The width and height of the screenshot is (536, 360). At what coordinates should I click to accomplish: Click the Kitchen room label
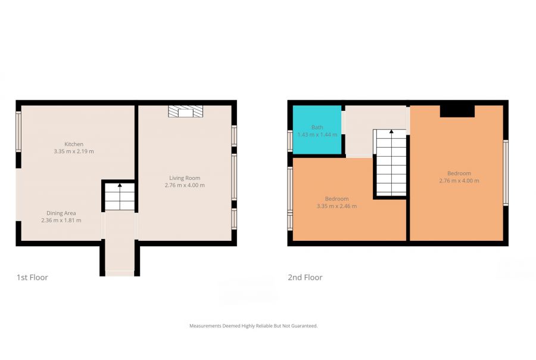(x=74, y=144)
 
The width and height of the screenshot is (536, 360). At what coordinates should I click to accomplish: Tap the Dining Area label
(x=61, y=213)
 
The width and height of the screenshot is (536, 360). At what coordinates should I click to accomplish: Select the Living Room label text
(x=185, y=178)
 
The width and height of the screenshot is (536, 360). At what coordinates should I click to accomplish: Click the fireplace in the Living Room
(x=185, y=111)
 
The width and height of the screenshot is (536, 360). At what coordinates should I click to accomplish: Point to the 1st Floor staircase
(x=120, y=197)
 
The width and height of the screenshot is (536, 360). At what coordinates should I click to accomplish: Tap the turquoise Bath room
(x=317, y=130)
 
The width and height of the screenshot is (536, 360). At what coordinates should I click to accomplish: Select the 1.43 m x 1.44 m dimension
(x=317, y=135)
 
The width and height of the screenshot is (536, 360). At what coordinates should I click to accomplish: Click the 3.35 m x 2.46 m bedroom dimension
(x=336, y=206)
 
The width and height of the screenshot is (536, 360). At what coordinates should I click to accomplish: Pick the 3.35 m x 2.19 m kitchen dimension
(x=74, y=151)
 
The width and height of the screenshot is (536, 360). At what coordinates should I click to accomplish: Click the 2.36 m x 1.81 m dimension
(x=61, y=221)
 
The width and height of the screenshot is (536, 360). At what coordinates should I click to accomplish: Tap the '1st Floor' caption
(x=32, y=277)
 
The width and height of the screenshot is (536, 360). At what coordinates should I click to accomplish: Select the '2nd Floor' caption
(x=305, y=277)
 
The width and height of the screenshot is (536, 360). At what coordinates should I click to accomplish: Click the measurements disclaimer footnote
(x=253, y=326)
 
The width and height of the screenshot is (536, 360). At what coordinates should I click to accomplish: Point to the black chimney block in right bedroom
(x=457, y=111)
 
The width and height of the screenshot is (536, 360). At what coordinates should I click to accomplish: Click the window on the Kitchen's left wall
(x=18, y=132)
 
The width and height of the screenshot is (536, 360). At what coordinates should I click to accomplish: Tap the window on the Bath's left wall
(x=289, y=141)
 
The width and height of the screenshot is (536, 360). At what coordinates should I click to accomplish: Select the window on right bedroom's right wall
(x=505, y=173)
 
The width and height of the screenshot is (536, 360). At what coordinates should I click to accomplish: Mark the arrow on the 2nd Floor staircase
(x=391, y=132)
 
